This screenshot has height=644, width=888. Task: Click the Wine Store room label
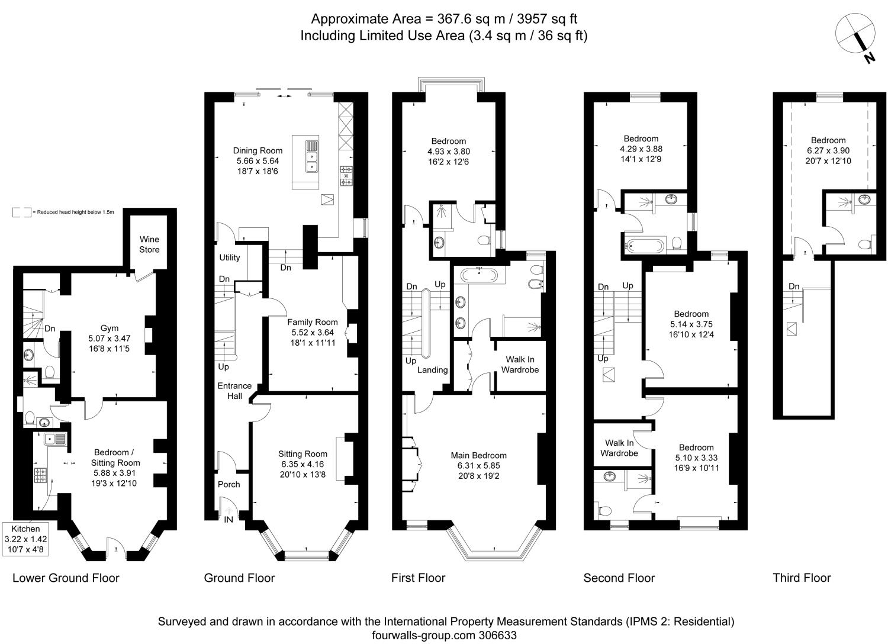click(x=149, y=244)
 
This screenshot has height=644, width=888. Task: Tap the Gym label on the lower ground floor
click(x=110, y=328)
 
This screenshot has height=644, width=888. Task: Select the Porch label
click(x=229, y=484)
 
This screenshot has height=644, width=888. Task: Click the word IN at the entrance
click(x=229, y=520)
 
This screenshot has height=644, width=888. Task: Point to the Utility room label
click(x=230, y=257)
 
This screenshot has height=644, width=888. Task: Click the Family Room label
click(x=313, y=323)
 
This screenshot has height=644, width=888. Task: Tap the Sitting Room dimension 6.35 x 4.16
click(x=303, y=464)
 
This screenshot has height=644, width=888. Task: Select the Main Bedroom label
click(x=478, y=455)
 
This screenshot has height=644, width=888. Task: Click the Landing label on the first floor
click(x=432, y=370)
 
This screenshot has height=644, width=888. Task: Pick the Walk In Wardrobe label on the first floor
click(x=520, y=365)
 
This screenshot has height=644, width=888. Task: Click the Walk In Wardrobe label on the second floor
click(x=619, y=448)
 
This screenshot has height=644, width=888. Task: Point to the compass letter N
click(x=868, y=57)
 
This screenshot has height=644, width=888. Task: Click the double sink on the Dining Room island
click(x=312, y=156)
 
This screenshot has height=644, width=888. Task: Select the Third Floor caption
click(x=802, y=578)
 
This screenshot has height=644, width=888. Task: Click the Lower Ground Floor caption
click(x=66, y=578)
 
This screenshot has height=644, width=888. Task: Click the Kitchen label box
click(x=26, y=539)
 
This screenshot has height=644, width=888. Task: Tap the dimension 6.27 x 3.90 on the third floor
click(x=828, y=150)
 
